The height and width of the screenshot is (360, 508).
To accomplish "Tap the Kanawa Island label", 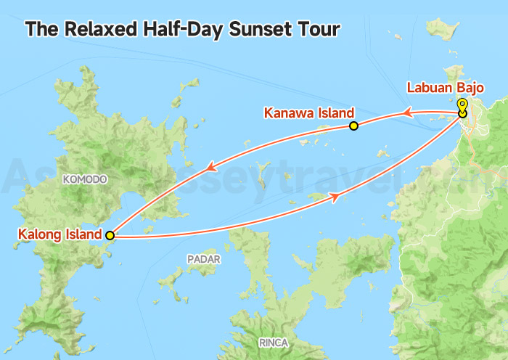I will tap(308, 113).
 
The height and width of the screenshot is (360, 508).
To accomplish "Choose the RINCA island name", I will tap(273, 342).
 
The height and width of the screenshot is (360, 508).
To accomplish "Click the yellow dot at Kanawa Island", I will tap(353, 126).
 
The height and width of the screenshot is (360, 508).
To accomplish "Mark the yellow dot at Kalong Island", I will tap(110, 235).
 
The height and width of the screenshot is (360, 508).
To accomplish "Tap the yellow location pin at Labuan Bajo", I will tap(462, 105).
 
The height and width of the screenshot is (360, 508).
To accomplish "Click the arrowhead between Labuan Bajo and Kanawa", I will tap(408, 112).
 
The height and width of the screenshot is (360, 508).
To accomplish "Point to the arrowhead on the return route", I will tap(335, 197).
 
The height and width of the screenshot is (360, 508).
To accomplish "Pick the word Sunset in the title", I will tap(256, 30).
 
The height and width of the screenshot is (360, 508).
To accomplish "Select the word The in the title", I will tap(40, 30).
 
